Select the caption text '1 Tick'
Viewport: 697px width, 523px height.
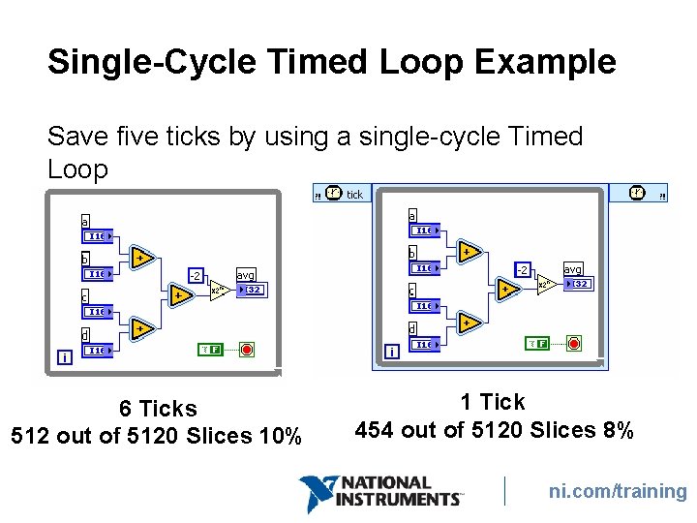493,402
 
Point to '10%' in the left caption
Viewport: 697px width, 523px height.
281,436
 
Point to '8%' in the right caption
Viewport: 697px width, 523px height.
616,429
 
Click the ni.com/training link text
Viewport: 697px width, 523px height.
618,491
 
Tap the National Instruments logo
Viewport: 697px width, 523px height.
380,493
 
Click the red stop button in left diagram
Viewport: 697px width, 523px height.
247,349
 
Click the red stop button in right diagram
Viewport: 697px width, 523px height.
574,343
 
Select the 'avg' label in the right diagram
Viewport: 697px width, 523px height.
572,269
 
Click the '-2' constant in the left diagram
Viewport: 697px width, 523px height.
195,276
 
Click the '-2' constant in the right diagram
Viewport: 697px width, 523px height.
522,269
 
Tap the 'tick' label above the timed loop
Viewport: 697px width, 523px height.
354,195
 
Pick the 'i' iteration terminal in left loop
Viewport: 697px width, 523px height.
64,357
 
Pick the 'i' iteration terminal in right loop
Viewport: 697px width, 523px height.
391,352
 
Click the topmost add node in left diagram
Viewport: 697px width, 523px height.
141,257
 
